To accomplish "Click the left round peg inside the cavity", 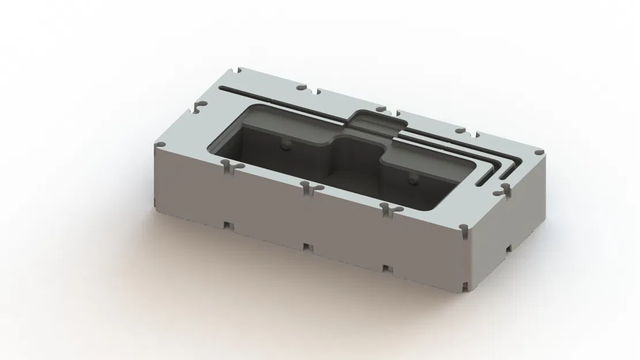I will point(283,145).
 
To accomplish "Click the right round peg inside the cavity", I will point(412,180).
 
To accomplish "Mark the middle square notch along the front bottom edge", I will point(306,247).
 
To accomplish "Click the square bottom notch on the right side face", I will point(509,248).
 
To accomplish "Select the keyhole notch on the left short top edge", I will point(199,107).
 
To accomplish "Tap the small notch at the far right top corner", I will point(538,152).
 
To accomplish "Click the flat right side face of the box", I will point(507,230).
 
